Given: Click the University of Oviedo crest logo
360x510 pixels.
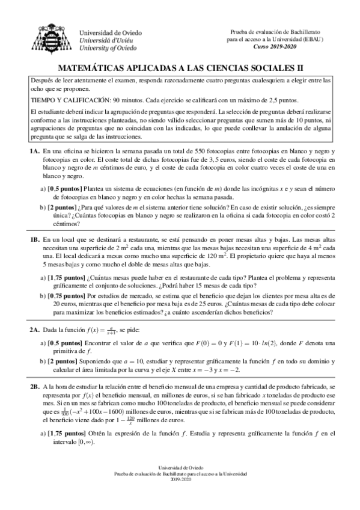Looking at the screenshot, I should tap(48, 37).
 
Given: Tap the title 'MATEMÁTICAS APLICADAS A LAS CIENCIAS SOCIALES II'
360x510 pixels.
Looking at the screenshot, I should tap(180, 69).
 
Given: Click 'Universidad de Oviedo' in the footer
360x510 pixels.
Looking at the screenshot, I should tap(180, 466).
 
